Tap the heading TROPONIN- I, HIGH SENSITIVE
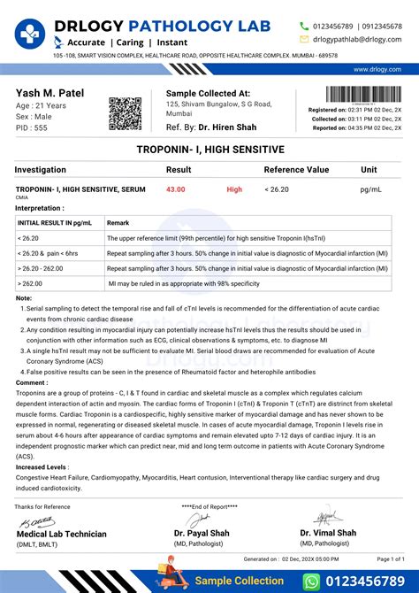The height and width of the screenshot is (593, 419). [209, 150]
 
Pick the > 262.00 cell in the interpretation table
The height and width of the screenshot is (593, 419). [31, 283]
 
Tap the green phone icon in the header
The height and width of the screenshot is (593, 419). [304, 26]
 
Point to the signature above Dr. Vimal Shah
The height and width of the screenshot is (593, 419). [326, 517]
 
